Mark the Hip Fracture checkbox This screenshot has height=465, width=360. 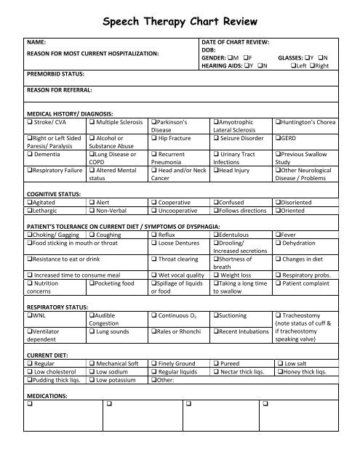click(153, 138)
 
